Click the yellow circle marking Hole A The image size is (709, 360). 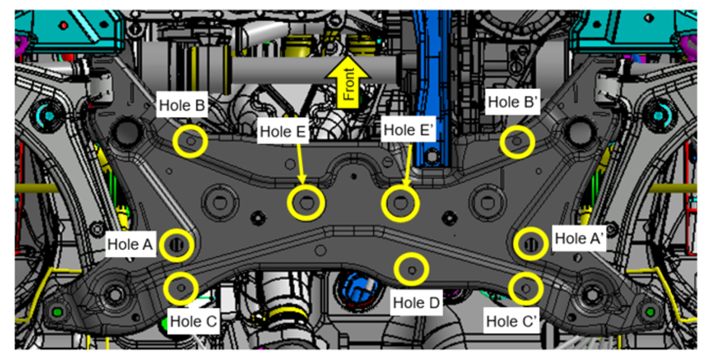point(176,244)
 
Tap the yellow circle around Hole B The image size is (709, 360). point(191,141)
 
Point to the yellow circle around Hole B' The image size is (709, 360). point(516,141)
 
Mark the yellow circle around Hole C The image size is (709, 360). point(181,287)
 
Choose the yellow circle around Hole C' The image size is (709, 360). point(525,287)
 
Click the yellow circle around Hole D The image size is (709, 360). point(411,270)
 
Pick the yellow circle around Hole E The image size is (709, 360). point(306,202)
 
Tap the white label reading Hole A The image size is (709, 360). point(131,244)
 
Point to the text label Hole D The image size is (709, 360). point(416,302)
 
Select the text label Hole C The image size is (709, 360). point(194,321)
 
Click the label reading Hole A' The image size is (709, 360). point(579,239)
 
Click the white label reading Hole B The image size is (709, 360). point(182,105)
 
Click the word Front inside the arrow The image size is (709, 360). point(348,84)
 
